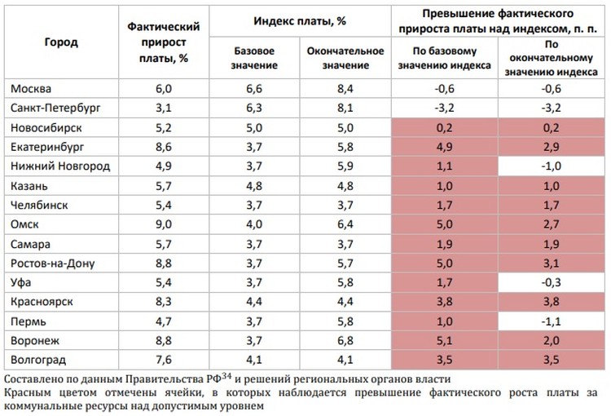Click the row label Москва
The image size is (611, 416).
coord(29,88)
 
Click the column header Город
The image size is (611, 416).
coord(61,42)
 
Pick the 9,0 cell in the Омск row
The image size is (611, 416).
coord(165,223)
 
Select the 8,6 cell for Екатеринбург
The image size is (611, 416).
coord(165,147)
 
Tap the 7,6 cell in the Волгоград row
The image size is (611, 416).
coord(165,360)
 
